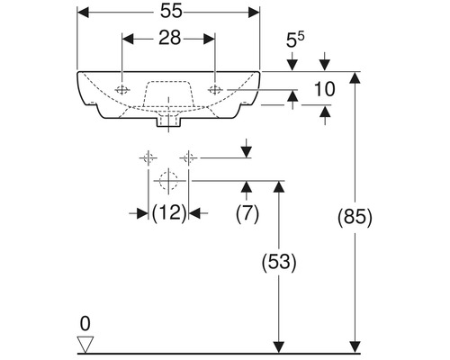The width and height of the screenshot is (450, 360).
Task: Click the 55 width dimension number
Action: [x=171, y=12]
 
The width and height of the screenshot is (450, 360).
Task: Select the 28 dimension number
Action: [x=169, y=39]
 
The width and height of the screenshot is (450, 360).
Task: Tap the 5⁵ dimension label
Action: [x=295, y=40]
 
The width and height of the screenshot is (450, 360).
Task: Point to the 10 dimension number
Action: [x=324, y=89]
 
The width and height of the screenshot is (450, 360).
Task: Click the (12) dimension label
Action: [x=169, y=213]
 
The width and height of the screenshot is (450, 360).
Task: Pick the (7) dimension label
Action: [x=247, y=213]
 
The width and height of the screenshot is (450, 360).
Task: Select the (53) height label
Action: [x=279, y=262]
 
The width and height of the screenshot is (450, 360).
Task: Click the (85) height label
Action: [x=355, y=217]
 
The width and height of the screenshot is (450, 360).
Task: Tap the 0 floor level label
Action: [x=85, y=324]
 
